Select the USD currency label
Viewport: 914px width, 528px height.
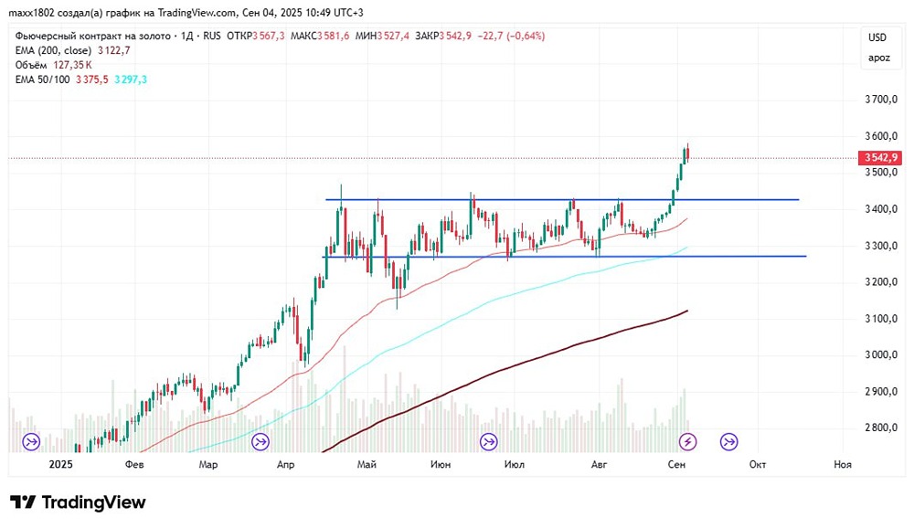pyautogui.click(x=877, y=37)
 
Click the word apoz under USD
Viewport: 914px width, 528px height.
pyautogui.click(x=877, y=58)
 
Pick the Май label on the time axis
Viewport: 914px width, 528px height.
pyautogui.click(x=367, y=464)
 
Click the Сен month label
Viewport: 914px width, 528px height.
pyautogui.click(x=676, y=464)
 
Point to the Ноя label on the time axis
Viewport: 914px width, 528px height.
pyautogui.click(x=843, y=464)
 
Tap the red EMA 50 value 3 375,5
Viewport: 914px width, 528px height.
pyautogui.click(x=93, y=79)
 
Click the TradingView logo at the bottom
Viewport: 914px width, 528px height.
pyautogui.click(x=78, y=502)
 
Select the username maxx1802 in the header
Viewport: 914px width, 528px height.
pyautogui.click(x=31, y=12)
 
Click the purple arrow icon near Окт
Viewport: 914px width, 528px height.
pyautogui.click(x=729, y=442)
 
